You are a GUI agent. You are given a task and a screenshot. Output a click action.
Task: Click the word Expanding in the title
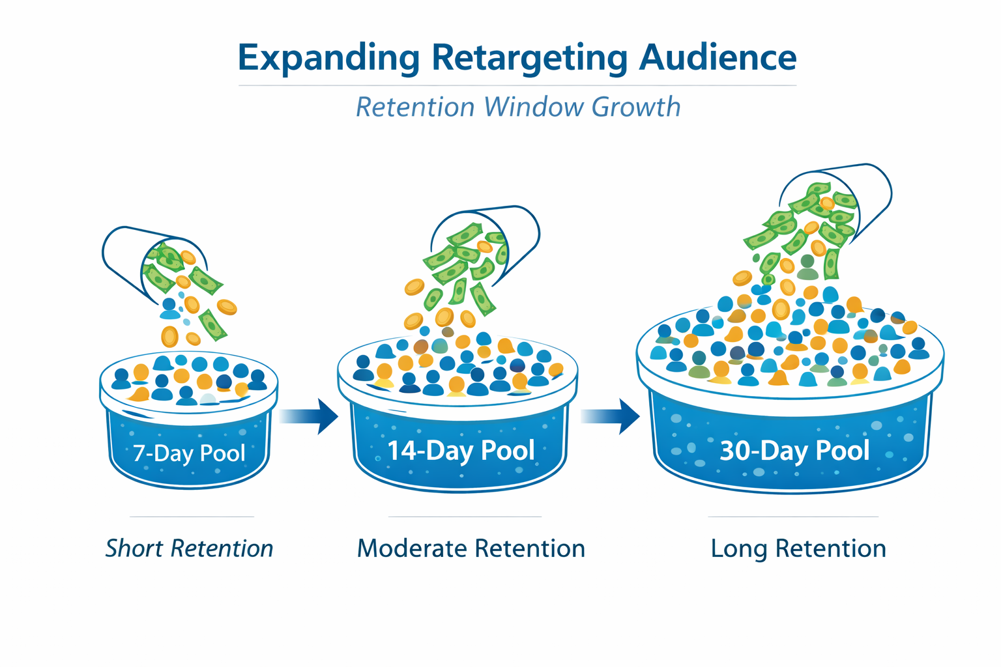click(x=328, y=57)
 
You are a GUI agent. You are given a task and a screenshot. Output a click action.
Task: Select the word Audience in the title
click(x=718, y=57)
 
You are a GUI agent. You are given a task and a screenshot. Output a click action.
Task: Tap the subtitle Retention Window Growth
click(x=518, y=107)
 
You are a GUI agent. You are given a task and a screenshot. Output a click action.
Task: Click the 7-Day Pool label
click(x=189, y=453)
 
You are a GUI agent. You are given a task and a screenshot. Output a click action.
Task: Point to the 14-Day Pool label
click(x=461, y=451)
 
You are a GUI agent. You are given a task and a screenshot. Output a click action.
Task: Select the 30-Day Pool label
click(x=794, y=451)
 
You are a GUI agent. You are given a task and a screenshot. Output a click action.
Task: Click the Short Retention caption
click(x=189, y=548)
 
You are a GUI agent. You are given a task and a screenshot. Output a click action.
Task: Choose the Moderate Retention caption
click(x=471, y=548)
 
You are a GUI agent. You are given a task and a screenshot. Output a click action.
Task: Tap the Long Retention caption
click(x=798, y=548)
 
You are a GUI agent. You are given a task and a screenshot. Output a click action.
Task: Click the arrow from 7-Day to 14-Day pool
click(x=309, y=416)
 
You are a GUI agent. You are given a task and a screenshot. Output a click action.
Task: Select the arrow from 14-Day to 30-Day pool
click(x=610, y=416)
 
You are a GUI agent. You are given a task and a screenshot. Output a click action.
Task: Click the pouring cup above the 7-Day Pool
click(x=130, y=251)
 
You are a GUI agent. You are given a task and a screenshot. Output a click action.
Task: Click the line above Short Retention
click(x=192, y=517)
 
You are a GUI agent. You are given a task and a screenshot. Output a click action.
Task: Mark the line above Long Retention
click(x=793, y=517)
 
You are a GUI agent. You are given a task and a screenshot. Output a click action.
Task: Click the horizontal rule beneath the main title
click(x=517, y=85)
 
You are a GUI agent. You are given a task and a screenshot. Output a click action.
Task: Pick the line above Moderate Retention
click(x=465, y=517)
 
